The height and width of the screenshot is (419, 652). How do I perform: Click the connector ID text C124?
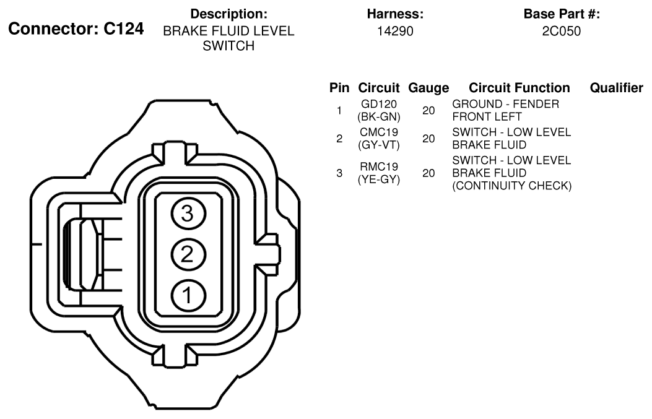[123, 28]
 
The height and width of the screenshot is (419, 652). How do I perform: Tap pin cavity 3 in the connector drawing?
[188, 214]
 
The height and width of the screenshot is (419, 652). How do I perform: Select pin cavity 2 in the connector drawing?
[188, 254]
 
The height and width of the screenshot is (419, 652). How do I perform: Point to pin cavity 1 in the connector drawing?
[188, 295]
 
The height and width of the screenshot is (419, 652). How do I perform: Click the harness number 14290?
[395, 31]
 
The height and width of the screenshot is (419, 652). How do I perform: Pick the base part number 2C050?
[562, 31]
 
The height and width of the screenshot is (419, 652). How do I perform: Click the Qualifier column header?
[616, 88]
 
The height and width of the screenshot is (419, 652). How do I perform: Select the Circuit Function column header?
[519, 88]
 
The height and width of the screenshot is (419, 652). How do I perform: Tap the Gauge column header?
[428, 88]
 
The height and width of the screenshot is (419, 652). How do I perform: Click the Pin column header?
[339, 88]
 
